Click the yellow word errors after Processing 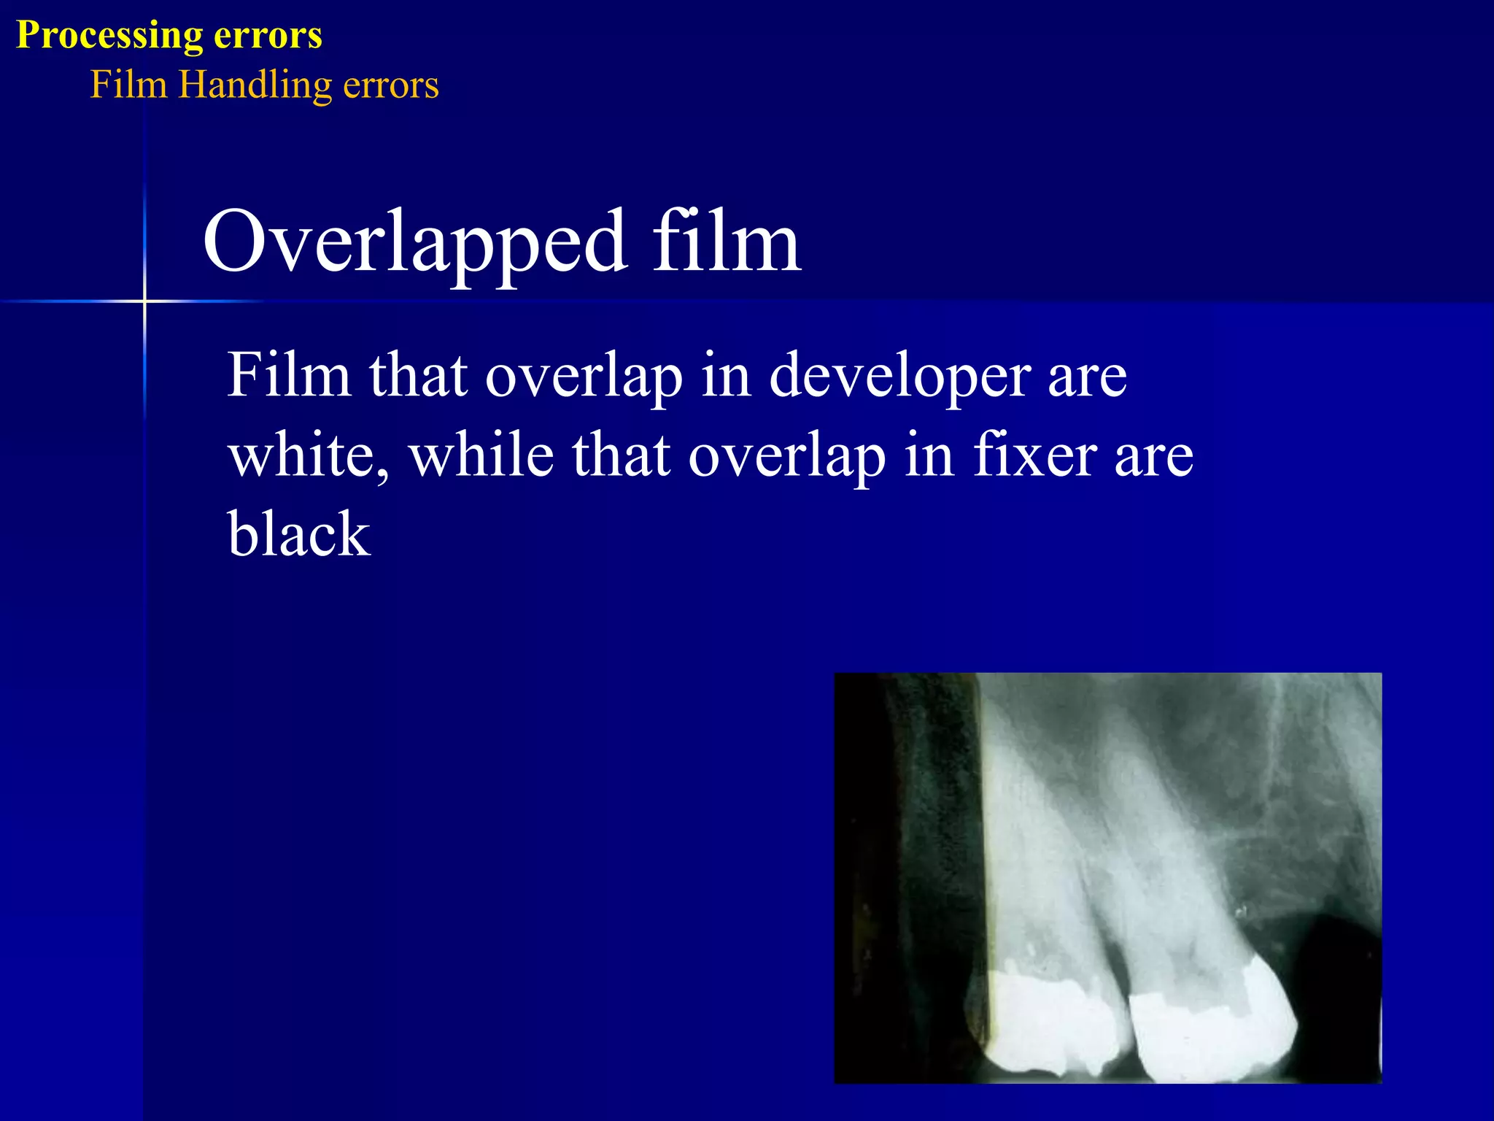pos(267,35)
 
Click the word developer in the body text pos(899,377)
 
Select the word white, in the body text pos(308,455)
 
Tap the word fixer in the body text pos(1034,455)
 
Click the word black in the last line pos(299,534)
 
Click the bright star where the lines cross pos(144,301)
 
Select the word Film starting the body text pos(289,377)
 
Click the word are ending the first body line pos(1087,377)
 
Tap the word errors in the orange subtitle pos(391,85)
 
